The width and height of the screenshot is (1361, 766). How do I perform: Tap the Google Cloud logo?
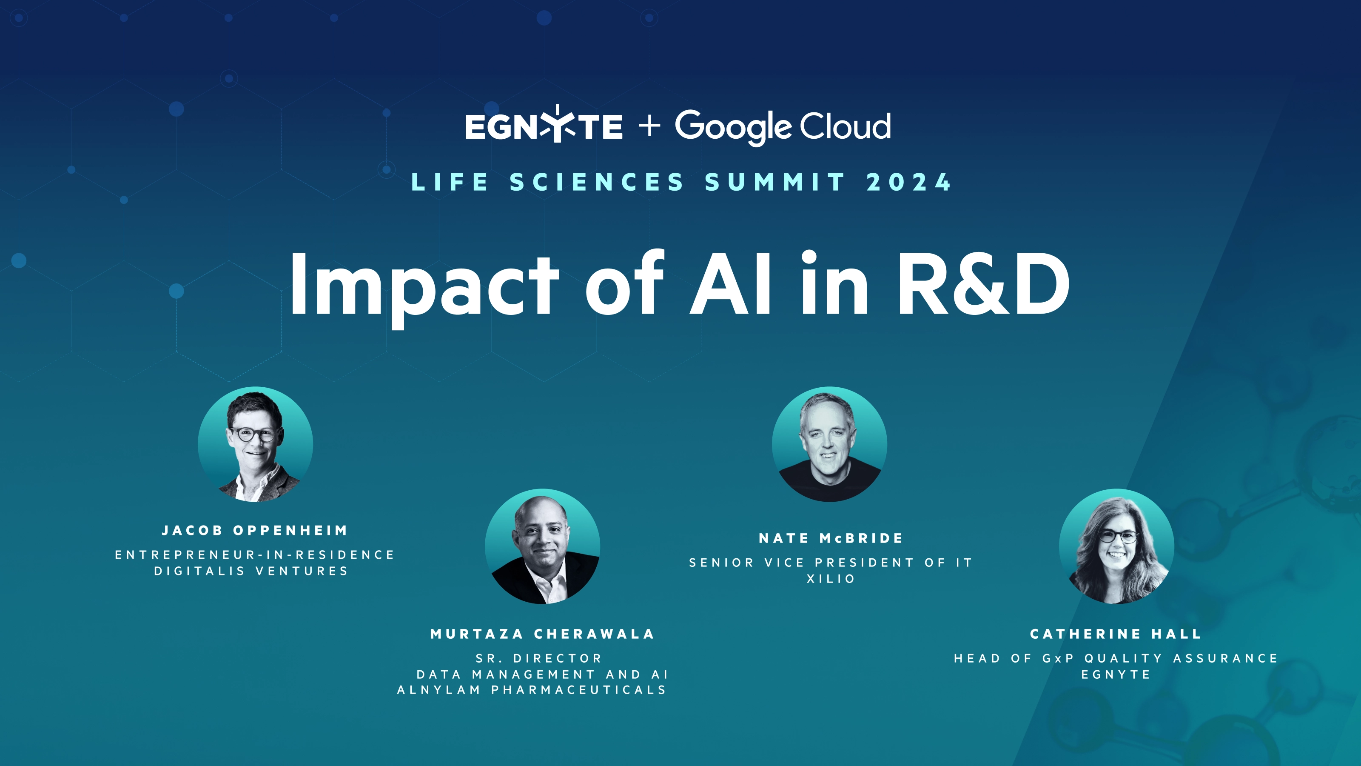[783, 127]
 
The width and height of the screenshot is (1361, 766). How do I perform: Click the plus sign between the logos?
[649, 126]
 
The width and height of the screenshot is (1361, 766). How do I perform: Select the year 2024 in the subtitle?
[909, 183]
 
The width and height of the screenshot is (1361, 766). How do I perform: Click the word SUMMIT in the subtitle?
[775, 183]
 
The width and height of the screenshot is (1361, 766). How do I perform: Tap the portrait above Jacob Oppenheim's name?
[255, 444]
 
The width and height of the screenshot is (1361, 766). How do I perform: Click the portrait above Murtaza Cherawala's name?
[543, 546]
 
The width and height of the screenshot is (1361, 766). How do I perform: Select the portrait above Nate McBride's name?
[829, 444]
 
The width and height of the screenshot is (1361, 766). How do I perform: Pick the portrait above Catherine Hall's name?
[1117, 546]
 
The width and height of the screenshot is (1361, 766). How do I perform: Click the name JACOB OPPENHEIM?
[255, 530]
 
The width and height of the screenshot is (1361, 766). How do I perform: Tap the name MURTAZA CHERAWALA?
[543, 634]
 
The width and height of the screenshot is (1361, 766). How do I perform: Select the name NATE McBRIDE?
[831, 538]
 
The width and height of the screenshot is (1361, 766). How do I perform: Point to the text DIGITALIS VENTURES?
[251, 571]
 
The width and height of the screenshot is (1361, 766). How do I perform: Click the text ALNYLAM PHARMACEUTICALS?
[532, 690]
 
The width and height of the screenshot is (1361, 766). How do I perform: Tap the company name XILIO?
[831, 579]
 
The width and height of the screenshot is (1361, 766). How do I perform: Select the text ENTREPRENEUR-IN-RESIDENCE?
[255, 554]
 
